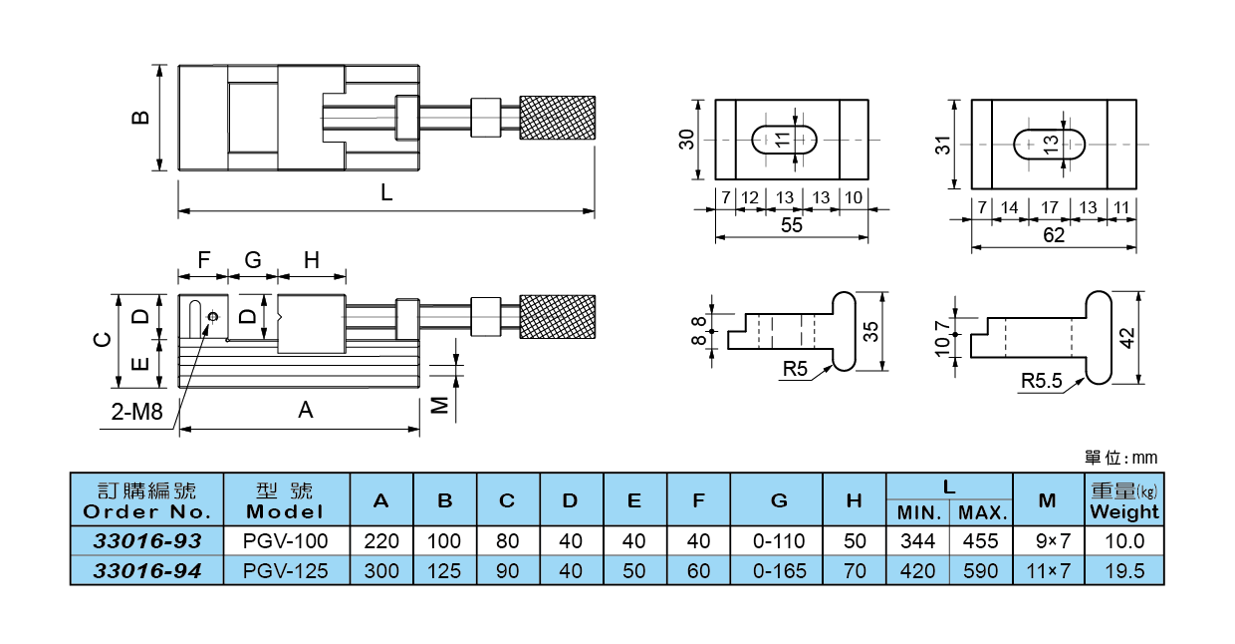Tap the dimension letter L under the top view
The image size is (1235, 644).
[386, 194]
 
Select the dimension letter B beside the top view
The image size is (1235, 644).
[141, 117]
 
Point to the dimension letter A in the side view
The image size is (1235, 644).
[306, 410]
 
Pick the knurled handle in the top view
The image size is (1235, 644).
[558, 117]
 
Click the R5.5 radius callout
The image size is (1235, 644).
[1042, 380]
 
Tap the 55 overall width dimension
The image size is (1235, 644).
[791, 225]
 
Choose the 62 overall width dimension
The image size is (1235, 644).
[1053, 235]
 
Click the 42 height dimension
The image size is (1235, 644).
[1127, 337]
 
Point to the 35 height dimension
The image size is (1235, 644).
[871, 331]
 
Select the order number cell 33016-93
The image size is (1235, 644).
[147, 541]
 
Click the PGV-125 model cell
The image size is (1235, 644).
[285, 571]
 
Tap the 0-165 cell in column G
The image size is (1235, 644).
[778, 571]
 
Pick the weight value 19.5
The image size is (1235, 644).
[1124, 571]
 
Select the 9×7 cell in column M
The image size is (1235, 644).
[1047, 541]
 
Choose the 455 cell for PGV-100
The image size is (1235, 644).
[980, 541]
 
